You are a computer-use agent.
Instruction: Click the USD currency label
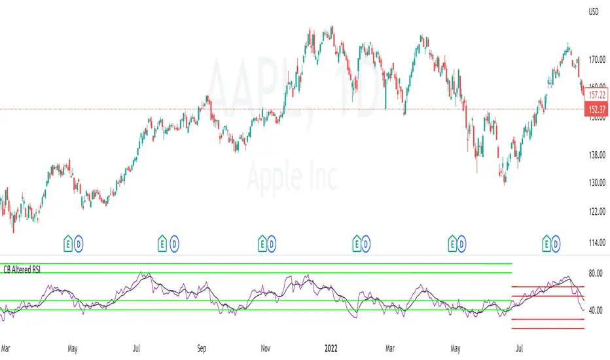click(x=594, y=11)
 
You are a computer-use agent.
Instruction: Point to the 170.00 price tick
click(x=596, y=60)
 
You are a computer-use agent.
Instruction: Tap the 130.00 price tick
click(x=596, y=183)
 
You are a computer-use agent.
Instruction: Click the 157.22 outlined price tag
click(x=596, y=95)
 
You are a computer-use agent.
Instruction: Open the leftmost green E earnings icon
click(x=67, y=243)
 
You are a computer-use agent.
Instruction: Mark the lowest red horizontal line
click(x=548, y=328)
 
